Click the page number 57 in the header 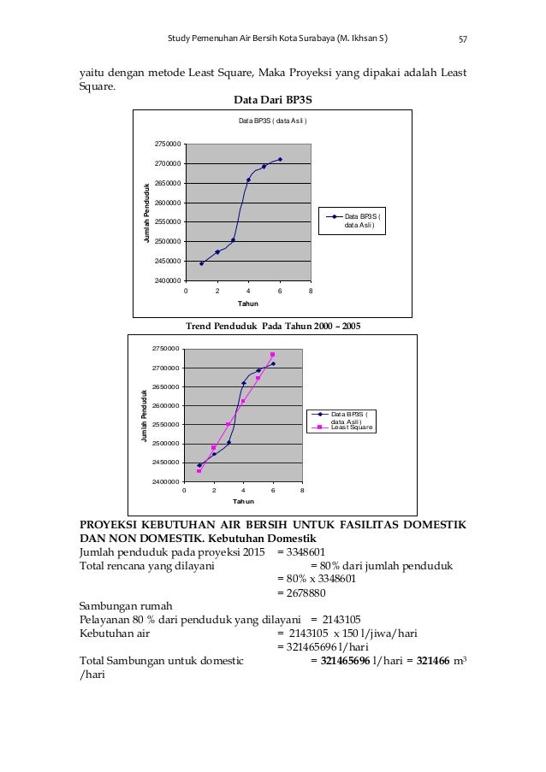tap(462, 38)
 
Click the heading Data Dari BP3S tap(272, 99)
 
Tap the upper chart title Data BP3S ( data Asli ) tap(272, 121)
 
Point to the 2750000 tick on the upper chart tap(167, 144)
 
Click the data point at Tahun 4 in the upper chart tap(248, 180)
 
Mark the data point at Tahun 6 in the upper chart tap(280, 159)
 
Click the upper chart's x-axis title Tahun tap(247, 303)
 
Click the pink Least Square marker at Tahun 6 tap(273, 355)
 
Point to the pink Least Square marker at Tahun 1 tap(199, 471)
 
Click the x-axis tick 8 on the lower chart tap(302, 491)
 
